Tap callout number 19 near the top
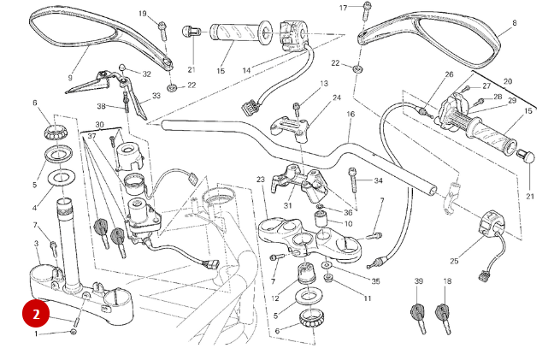click(x=143, y=14)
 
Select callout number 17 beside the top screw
click(x=344, y=8)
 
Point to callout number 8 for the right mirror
click(x=514, y=23)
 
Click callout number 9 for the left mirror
click(x=70, y=77)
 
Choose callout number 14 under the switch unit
click(x=246, y=69)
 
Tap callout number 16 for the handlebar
click(x=350, y=114)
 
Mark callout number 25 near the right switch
click(x=454, y=261)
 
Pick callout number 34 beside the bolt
click(x=378, y=181)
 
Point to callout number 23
click(x=260, y=180)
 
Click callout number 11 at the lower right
click(x=367, y=298)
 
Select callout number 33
click(x=156, y=96)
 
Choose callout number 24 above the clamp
click(x=336, y=97)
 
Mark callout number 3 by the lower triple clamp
click(x=37, y=244)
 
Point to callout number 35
click(x=375, y=280)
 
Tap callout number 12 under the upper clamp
click(x=275, y=298)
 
